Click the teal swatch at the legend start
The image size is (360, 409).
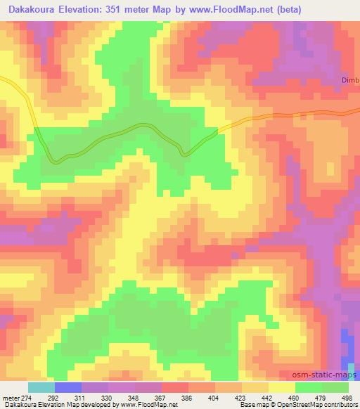click(x=41, y=387)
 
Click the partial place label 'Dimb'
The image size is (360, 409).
click(x=349, y=80)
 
